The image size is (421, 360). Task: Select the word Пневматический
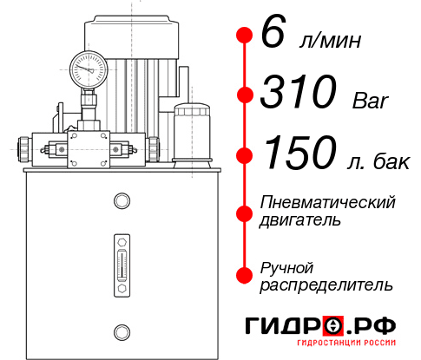(328, 202)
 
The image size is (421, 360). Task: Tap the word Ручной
(287, 266)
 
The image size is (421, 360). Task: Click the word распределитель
(326, 285)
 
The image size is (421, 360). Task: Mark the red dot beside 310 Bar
(244, 94)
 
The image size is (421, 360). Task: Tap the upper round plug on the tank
(121, 202)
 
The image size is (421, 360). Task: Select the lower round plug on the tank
(121, 331)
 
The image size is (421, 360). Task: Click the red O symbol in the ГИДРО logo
(332, 327)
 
